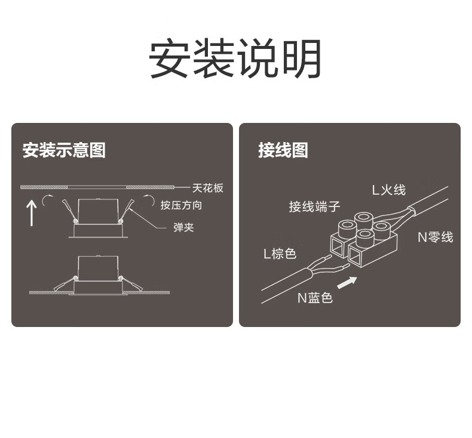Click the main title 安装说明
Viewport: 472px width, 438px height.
tap(235, 59)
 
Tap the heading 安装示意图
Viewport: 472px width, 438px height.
tap(64, 150)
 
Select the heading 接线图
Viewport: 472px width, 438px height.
tap(283, 150)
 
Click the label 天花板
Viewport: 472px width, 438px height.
tap(208, 187)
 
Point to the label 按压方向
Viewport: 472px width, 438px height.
tap(181, 205)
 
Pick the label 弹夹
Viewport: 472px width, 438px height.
tap(183, 227)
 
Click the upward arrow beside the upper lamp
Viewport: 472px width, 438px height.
tap(32, 212)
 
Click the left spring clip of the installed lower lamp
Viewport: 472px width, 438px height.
tap(64, 284)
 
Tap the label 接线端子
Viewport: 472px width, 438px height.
tap(314, 206)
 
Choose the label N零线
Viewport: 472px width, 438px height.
tap(435, 237)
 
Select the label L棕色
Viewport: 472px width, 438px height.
tap(280, 254)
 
